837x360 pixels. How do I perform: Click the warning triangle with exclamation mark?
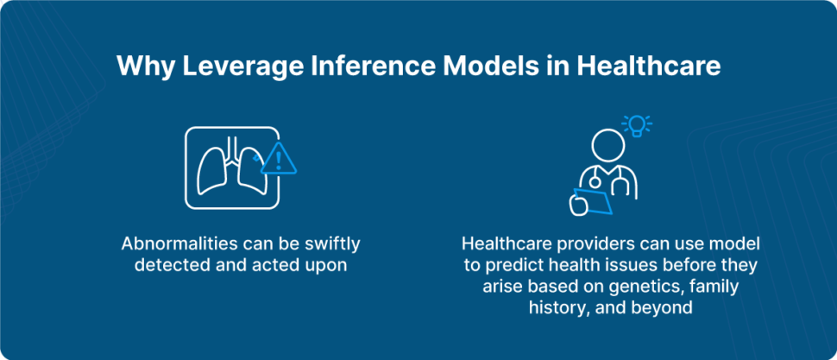[278, 160]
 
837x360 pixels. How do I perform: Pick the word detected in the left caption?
[168, 266]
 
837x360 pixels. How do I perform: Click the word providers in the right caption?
[594, 244]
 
